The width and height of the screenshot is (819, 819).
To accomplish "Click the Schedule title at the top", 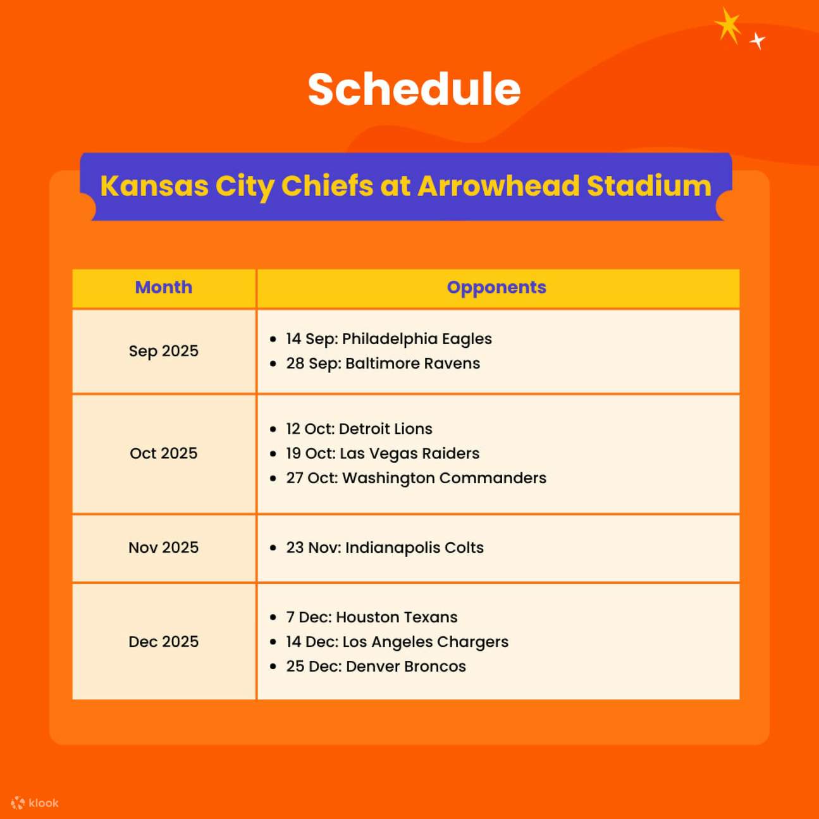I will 414,89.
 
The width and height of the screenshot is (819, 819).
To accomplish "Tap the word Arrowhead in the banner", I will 498,186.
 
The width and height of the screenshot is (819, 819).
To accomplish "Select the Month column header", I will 164,287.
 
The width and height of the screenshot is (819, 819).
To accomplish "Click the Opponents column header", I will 496,287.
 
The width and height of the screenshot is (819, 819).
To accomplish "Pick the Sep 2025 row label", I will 164,351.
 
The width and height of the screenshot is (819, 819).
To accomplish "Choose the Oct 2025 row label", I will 164,453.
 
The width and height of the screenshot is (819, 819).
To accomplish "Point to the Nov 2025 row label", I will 164,548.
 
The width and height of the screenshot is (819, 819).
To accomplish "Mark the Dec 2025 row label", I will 164,642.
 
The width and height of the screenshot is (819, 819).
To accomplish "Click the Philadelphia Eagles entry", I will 388,339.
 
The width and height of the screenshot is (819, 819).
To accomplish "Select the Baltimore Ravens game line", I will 383,364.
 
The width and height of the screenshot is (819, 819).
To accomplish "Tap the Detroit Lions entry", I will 359,429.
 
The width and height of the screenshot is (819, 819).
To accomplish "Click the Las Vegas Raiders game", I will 382,453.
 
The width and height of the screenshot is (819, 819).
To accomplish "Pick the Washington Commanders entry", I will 416,478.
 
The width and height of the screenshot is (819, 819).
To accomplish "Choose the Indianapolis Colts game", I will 385,548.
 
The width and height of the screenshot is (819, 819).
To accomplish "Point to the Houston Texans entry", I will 371,617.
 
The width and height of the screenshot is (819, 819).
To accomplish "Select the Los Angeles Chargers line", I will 397,642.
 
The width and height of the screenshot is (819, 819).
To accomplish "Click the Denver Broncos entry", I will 376,667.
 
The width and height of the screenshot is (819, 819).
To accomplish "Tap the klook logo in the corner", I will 35,803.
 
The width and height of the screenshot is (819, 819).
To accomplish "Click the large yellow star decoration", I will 729,26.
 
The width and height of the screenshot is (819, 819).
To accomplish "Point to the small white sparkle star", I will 757,41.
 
